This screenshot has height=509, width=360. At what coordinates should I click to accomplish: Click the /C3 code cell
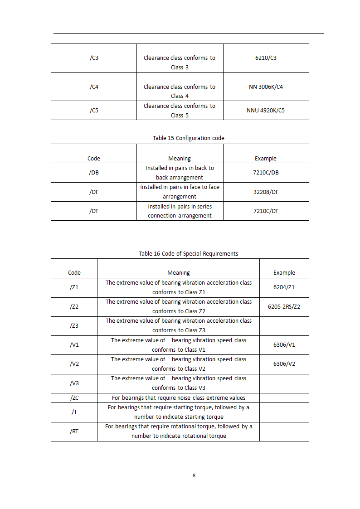coord(94,58)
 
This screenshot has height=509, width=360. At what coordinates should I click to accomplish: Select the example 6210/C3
coord(266,58)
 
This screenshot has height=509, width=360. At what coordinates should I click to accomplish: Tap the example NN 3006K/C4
coord(266,87)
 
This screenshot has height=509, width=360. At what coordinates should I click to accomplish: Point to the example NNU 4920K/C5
coord(266,110)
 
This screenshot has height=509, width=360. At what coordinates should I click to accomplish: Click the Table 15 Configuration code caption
coord(188,138)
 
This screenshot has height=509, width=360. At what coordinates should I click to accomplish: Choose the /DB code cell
coord(94,173)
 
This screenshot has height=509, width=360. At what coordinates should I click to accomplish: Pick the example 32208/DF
coord(266,192)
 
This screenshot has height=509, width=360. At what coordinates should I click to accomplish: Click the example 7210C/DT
coord(266,211)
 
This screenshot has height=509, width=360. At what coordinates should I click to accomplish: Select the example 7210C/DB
coord(266,173)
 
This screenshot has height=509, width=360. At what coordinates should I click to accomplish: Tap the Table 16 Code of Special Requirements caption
coord(188,253)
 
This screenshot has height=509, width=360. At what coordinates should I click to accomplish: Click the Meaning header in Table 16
coord(178,273)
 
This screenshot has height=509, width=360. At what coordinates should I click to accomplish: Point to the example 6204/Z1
coord(284,287)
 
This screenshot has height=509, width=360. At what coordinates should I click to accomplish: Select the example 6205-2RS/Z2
coord(284,306)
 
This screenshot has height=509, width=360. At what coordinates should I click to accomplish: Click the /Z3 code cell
coord(74,325)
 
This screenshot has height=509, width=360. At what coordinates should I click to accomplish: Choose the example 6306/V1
coord(284,344)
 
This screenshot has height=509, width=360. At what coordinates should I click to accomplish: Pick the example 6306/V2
coord(284,364)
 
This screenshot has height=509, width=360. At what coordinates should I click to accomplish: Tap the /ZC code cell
coord(74,398)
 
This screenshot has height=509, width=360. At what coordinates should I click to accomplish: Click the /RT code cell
coord(74,431)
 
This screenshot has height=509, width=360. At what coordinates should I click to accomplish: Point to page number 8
coord(194,475)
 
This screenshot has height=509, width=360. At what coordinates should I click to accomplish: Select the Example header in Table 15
coord(265,159)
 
